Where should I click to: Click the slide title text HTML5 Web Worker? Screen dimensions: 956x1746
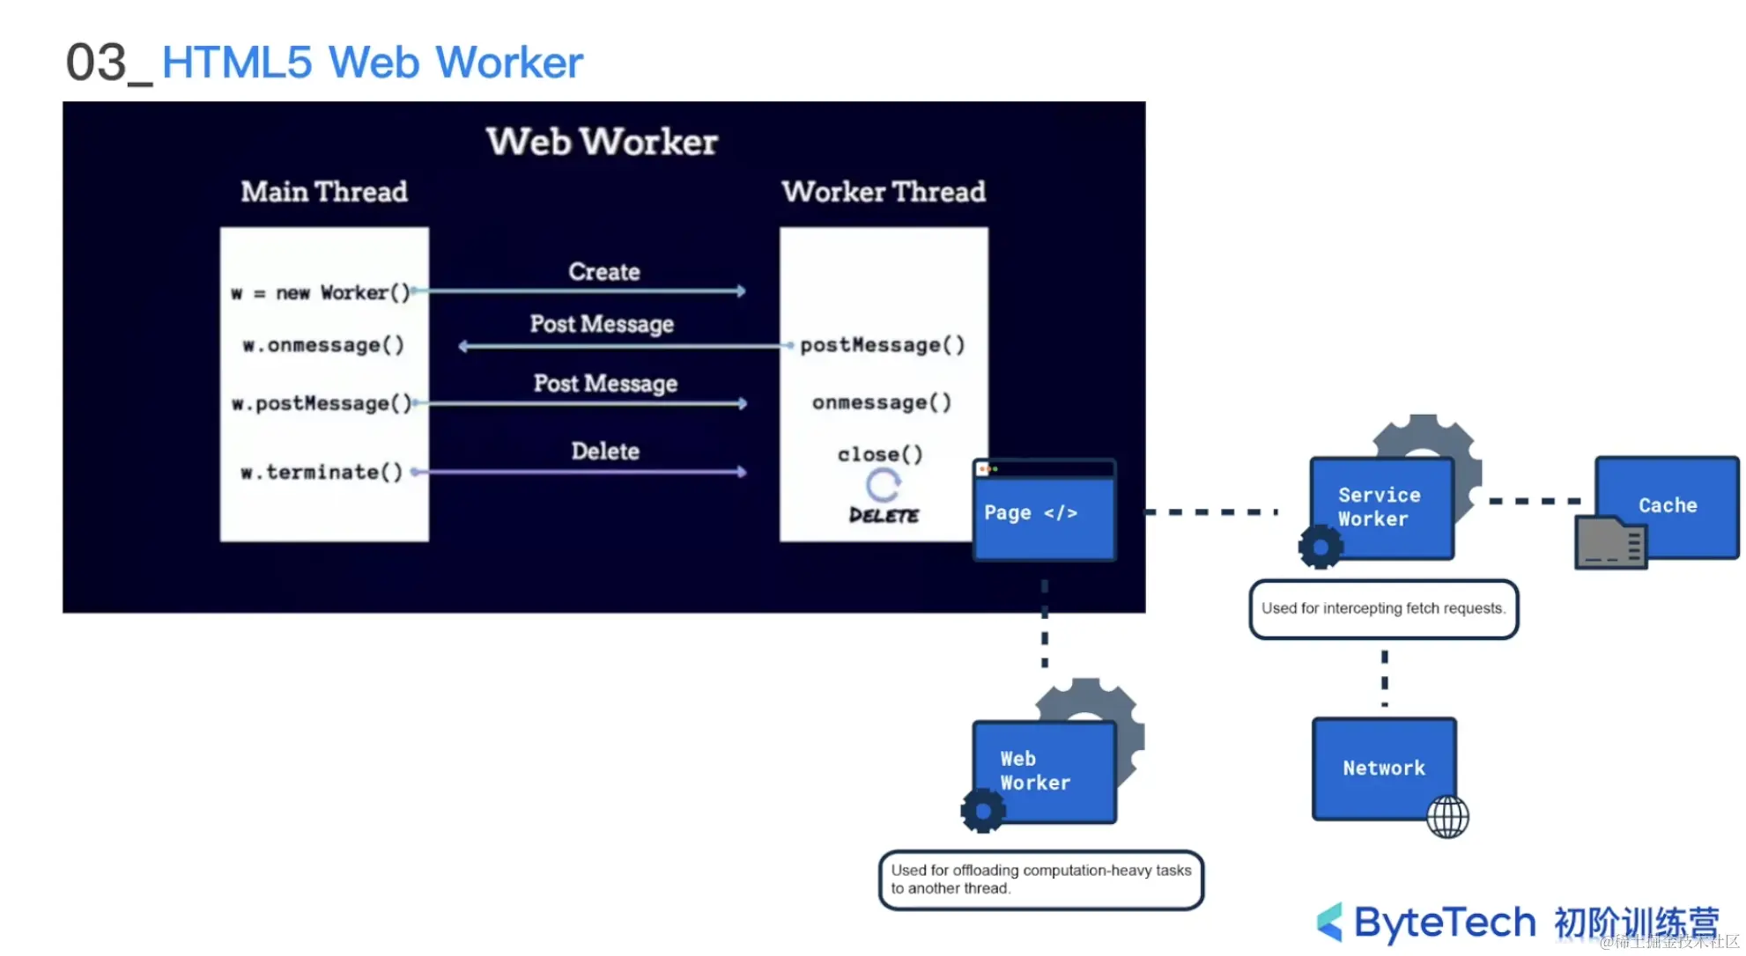click(372, 63)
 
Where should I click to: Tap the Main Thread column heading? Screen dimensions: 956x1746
click(324, 192)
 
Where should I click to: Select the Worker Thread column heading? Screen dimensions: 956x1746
click(883, 192)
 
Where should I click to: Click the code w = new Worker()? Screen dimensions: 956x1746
click(321, 292)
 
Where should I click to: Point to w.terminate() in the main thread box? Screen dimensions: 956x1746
click(322, 473)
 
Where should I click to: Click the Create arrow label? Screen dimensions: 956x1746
click(603, 272)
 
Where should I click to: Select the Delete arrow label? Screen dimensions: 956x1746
click(604, 452)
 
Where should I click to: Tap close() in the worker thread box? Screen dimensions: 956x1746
click(880, 454)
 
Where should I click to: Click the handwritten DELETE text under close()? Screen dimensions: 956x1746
click(883, 516)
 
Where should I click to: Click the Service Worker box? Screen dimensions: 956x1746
click(1380, 508)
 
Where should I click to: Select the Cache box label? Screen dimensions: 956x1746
click(1667, 505)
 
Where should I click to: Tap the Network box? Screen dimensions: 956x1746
click(1383, 768)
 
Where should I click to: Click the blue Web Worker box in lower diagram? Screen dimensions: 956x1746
click(1043, 771)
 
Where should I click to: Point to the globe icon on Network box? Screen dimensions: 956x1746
click(1447, 817)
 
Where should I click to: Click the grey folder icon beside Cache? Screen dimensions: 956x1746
click(1610, 543)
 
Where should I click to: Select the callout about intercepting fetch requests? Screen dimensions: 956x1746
click(1383, 608)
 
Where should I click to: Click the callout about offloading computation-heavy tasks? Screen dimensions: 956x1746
click(1040, 879)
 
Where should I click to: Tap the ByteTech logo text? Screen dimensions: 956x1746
click(1445, 923)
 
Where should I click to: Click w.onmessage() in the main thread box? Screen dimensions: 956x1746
click(323, 345)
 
